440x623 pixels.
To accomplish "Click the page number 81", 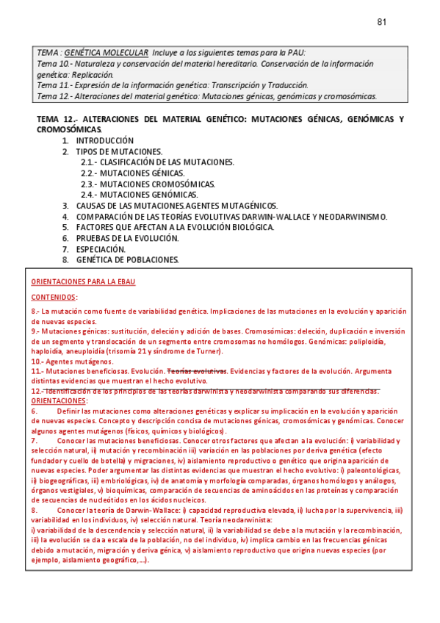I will [381, 22].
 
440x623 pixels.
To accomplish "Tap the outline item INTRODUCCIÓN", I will [105, 140].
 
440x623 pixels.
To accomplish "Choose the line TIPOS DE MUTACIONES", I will [118, 151].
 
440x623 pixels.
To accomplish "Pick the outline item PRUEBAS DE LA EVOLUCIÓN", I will [127, 238].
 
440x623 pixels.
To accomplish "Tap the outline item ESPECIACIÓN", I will [101, 249].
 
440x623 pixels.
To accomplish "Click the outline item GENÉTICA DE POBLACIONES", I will [127, 260].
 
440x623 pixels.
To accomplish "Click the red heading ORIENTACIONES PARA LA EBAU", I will [82, 282].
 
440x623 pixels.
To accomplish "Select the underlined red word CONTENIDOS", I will [54, 298].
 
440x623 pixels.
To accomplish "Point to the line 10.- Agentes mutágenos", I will [72, 361].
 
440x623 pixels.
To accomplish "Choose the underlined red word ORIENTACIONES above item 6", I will [59, 401].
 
